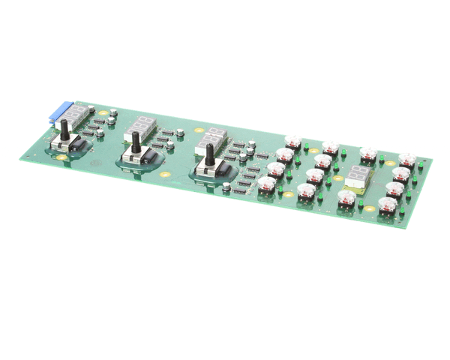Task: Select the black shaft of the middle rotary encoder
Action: pos(136,143)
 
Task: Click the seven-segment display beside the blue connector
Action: pos(82,114)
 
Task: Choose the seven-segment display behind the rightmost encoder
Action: pos(214,136)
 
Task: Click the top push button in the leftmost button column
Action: pos(293,141)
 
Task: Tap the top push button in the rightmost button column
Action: pos(407,160)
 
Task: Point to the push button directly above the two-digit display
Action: pos(367,154)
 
